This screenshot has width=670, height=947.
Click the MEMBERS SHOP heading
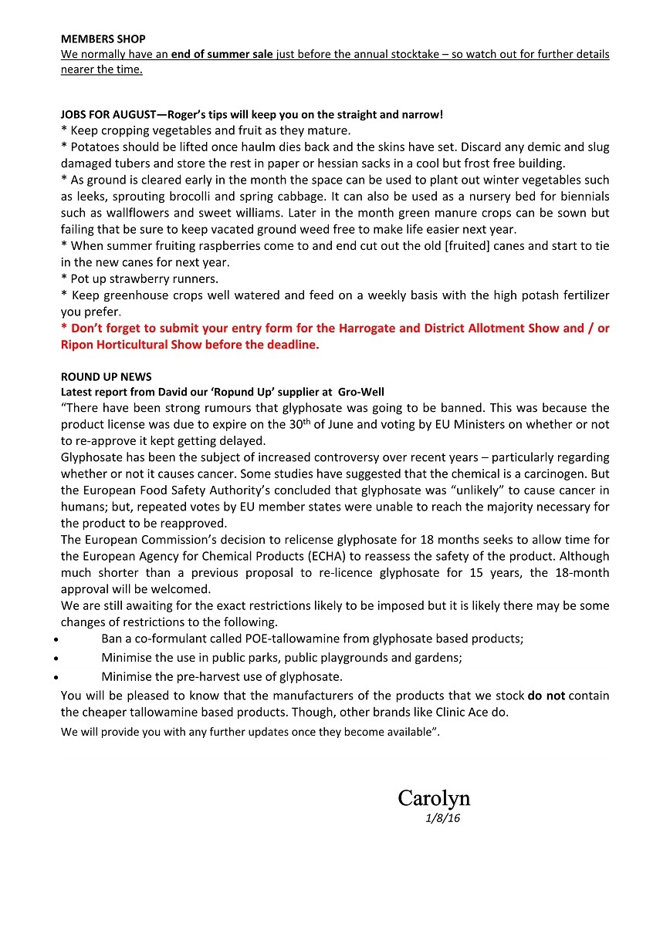point(103,39)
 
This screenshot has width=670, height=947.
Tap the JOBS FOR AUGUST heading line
point(252,114)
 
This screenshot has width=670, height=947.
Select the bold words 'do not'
point(546,695)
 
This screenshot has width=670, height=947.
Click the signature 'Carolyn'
point(434,797)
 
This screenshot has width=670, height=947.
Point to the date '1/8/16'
point(442,818)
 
